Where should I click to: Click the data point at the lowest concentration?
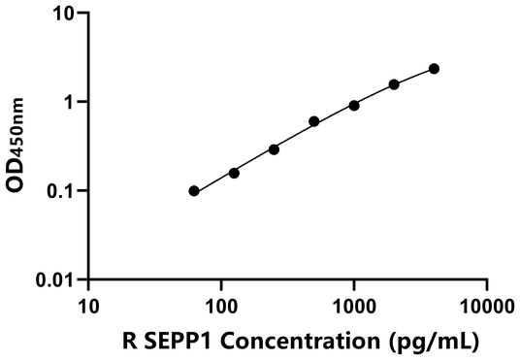[194, 191]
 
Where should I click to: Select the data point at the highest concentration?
[434, 69]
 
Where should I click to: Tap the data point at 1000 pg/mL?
[354, 105]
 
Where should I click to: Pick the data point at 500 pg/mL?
[314, 121]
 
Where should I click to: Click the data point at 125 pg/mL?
[234, 173]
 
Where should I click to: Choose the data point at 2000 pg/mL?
[394, 84]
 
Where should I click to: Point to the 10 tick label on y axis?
[65, 15]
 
